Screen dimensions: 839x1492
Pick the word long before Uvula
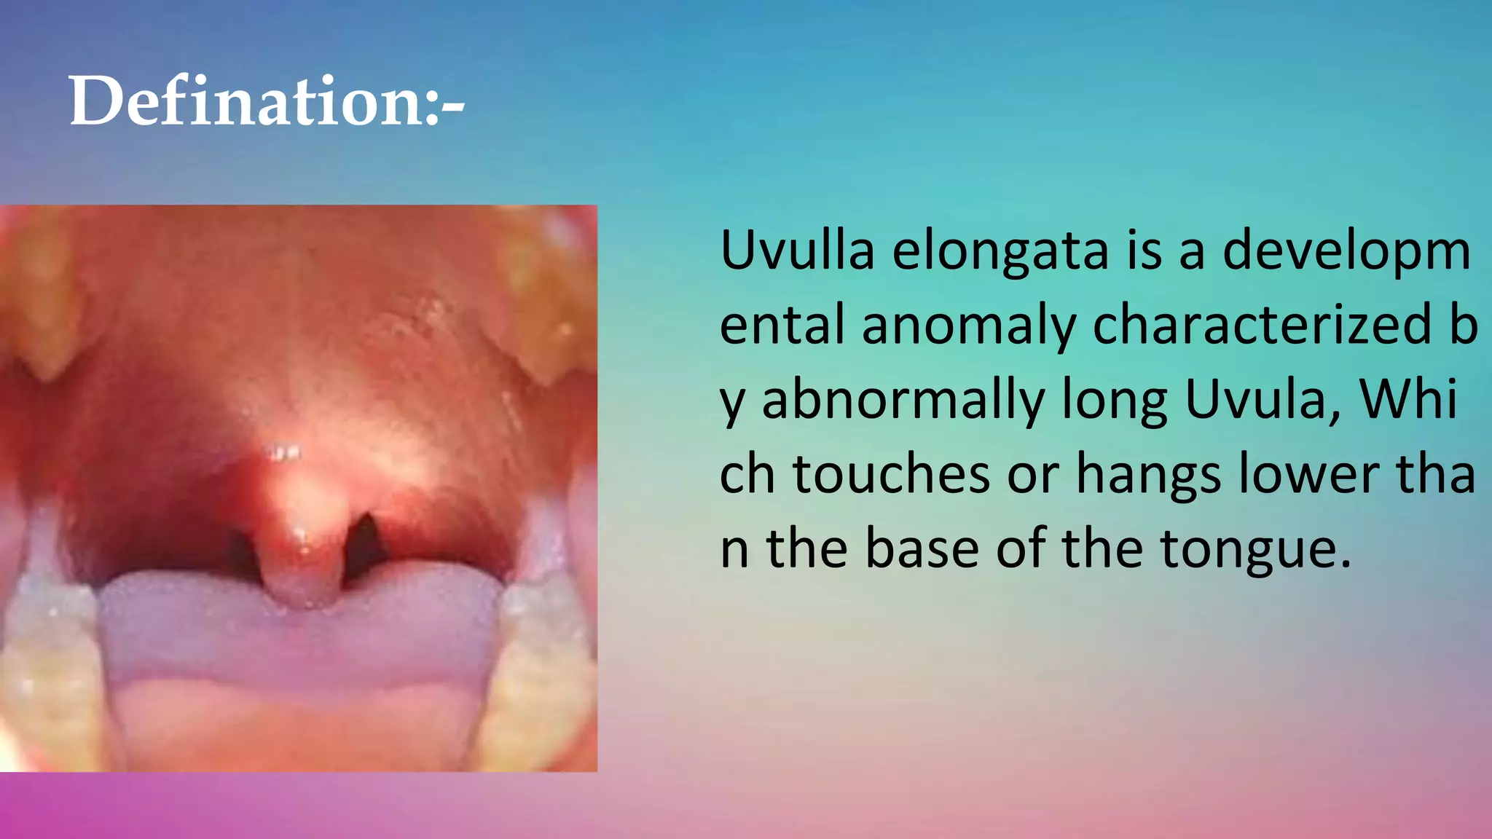(1115, 402)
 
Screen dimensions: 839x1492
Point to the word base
(922, 549)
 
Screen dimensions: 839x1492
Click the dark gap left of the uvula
(244, 554)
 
